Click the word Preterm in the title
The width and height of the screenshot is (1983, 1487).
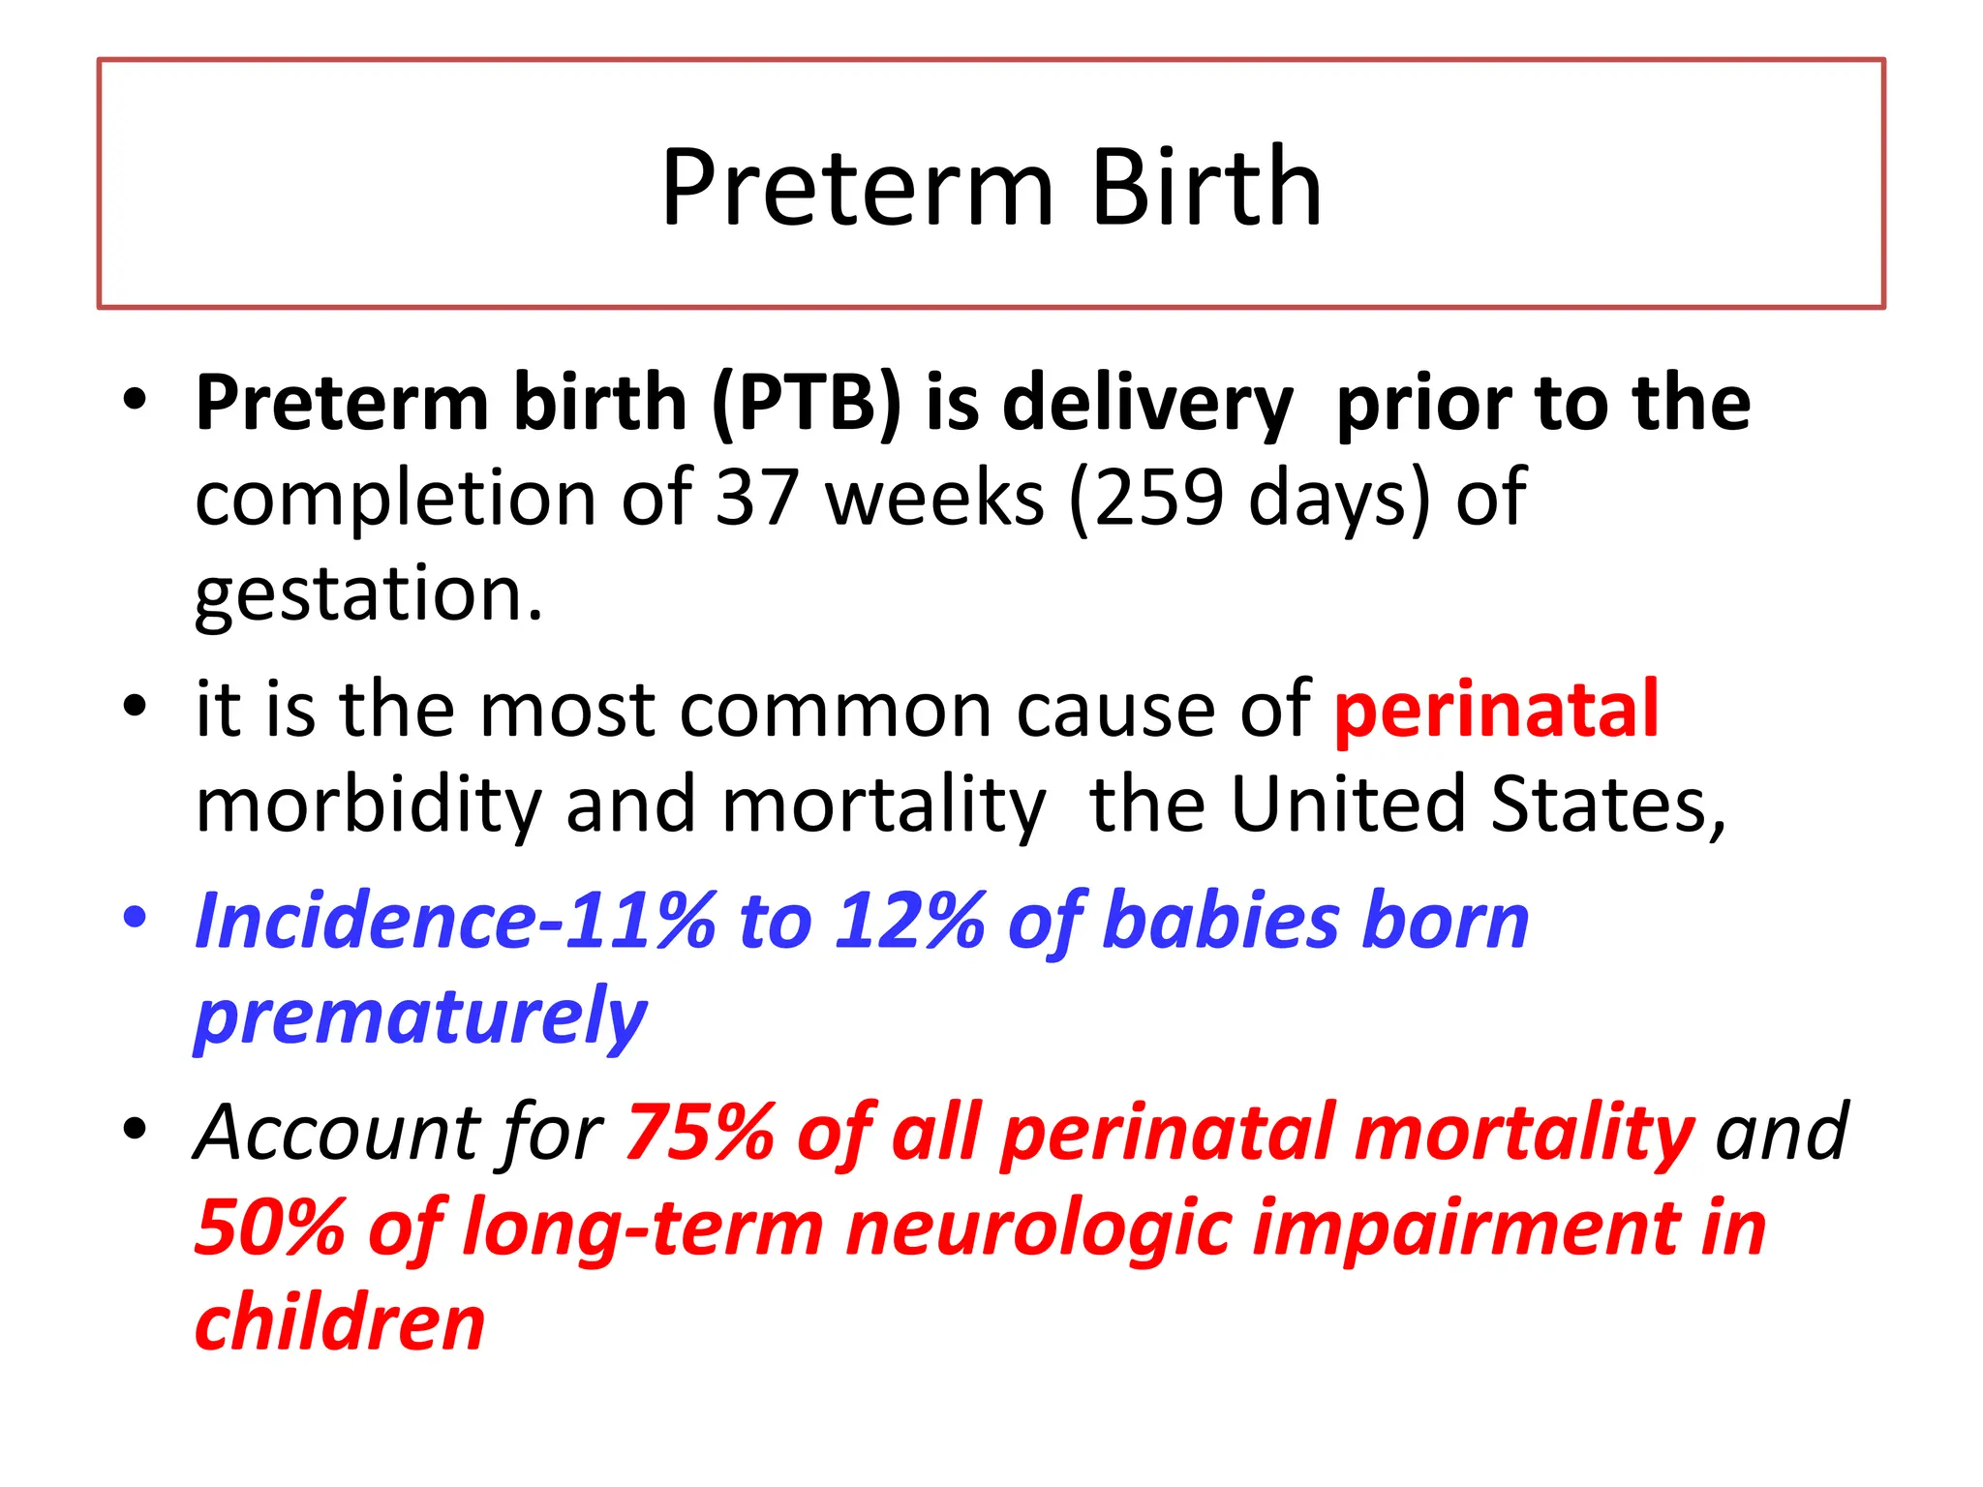857,189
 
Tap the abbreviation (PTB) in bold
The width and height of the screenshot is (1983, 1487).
807,404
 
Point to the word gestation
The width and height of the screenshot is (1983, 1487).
368,595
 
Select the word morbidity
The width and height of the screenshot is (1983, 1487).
368,805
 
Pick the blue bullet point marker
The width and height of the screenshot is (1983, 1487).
136,916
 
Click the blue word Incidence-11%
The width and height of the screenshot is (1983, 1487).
455,922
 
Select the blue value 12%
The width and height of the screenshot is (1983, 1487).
910,922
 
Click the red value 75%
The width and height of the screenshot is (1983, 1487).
699,1133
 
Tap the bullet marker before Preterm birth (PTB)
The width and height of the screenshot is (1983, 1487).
136,400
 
